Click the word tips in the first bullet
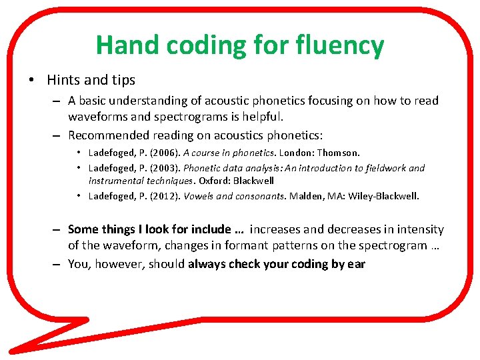[x=122, y=80]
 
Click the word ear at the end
[x=356, y=264]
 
